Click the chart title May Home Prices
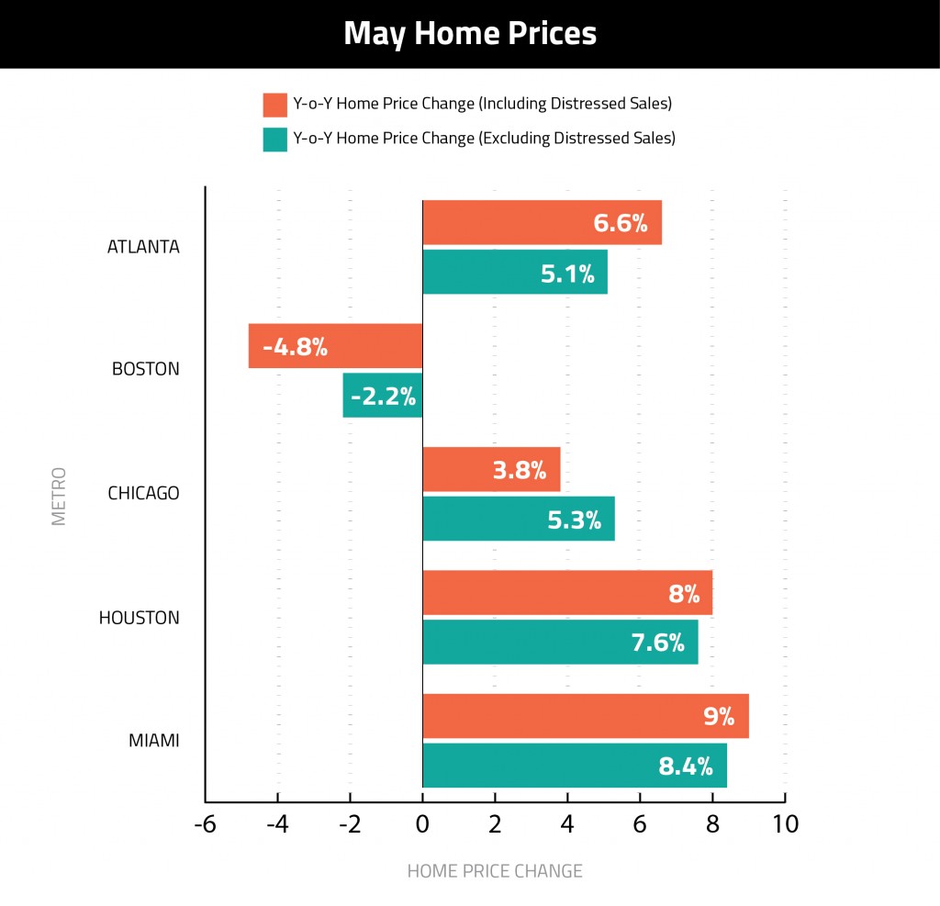tap(470, 34)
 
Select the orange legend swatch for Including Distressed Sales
tap(274, 105)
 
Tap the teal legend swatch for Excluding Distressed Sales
tap(274, 140)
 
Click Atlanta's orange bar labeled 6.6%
tap(542, 222)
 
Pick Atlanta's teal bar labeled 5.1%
tap(515, 272)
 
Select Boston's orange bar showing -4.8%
tap(335, 346)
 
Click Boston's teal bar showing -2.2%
tap(383, 396)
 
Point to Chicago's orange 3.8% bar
tap(491, 470)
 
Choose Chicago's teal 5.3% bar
tap(519, 520)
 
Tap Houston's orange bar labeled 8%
tap(567, 593)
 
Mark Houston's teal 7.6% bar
tap(560, 642)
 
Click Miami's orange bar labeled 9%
tap(586, 716)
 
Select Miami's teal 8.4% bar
tap(575, 766)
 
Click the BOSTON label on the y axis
tap(146, 370)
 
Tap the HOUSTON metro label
tap(140, 618)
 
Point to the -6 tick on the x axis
tap(205, 824)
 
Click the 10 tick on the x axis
tap(786, 824)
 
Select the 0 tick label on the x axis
tap(422, 824)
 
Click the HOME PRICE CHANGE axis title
tap(495, 871)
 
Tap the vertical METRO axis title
tap(59, 496)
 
